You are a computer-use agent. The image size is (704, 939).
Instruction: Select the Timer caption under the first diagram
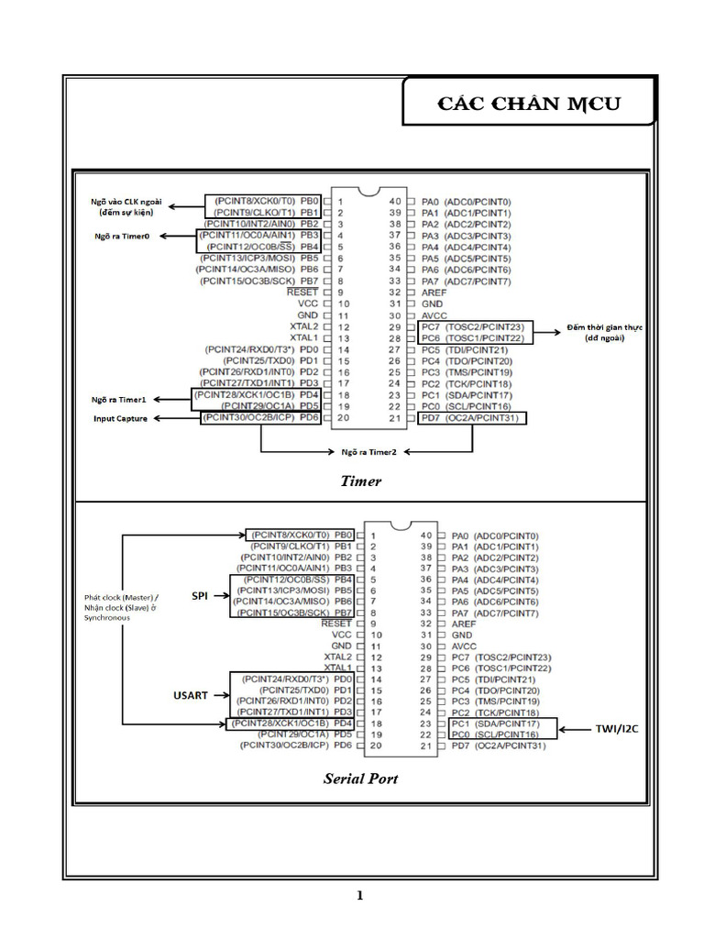(360, 481)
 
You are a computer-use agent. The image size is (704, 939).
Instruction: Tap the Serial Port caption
(360, 779)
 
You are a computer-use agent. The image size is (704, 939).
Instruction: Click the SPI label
(200, 596)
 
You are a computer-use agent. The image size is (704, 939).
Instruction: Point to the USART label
(191, 696)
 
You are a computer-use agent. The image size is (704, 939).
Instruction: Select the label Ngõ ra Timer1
(120, 400)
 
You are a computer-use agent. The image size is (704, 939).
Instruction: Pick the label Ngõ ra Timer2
(369, 452)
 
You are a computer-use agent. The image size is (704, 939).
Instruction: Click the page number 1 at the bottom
(360, 896)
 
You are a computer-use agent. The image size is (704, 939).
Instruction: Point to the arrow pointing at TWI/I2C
(577, 730)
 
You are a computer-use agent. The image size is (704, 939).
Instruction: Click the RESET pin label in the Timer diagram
(302, 292)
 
